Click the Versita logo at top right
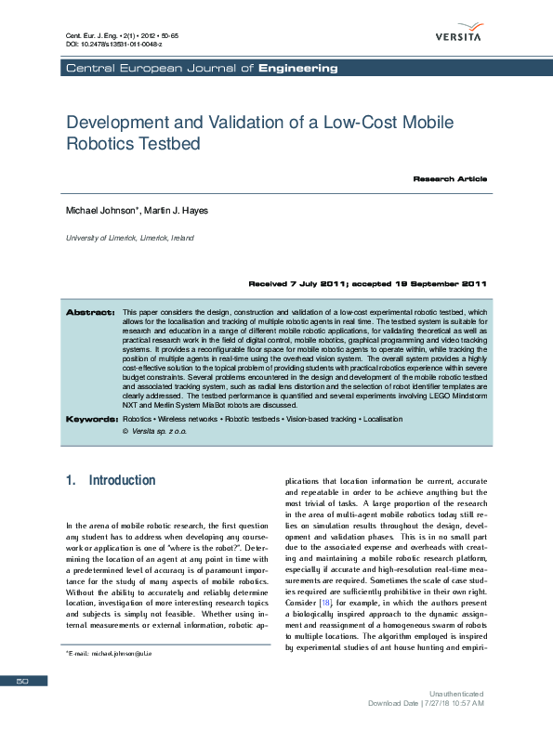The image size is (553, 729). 457,30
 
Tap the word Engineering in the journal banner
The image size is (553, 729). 298,68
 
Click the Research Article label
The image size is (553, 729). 450,178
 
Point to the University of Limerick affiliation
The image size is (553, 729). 129,238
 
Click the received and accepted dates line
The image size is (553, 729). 367,283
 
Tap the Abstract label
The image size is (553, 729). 89,312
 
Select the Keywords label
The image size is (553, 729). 91,420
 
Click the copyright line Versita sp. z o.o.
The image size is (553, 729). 156,432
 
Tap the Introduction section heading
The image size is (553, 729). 111,481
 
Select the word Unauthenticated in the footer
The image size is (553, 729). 455,694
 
